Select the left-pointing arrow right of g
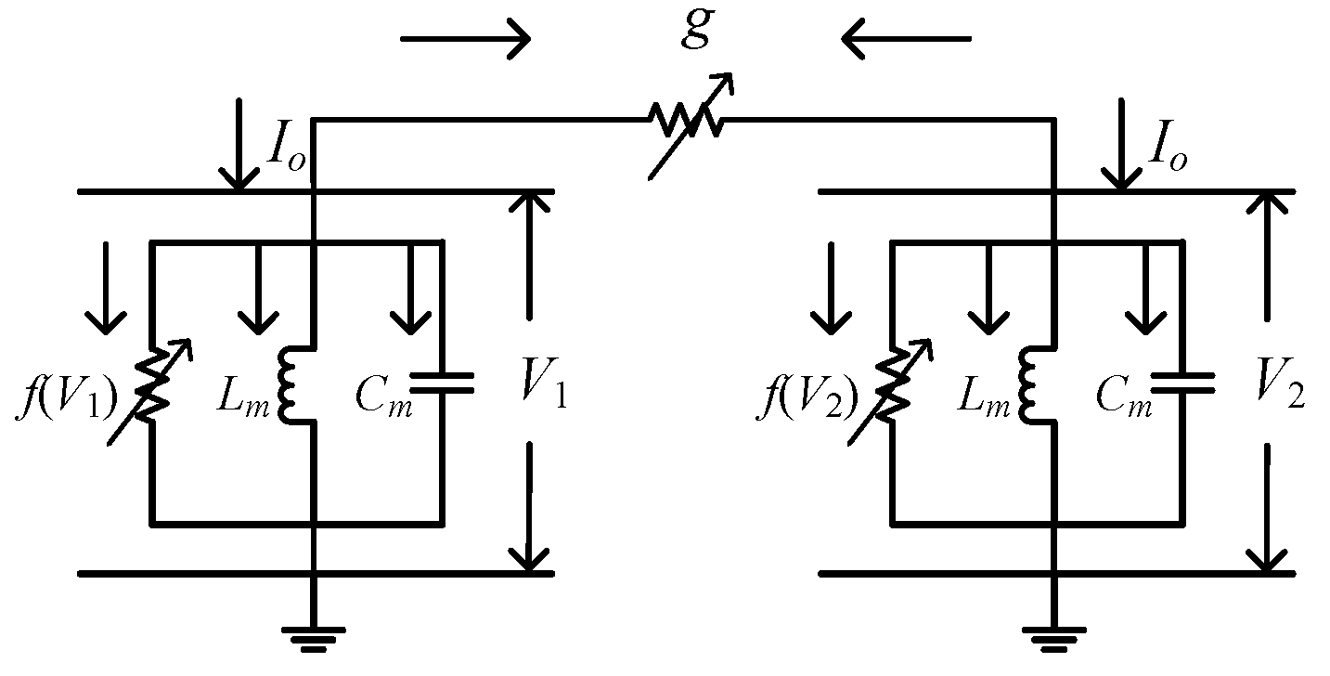(x=905, y=39)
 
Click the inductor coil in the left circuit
(x=289, y=383)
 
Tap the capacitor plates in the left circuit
(x=442, y=383)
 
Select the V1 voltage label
(x=542, y=394)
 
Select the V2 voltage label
(x=1281, y=394)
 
